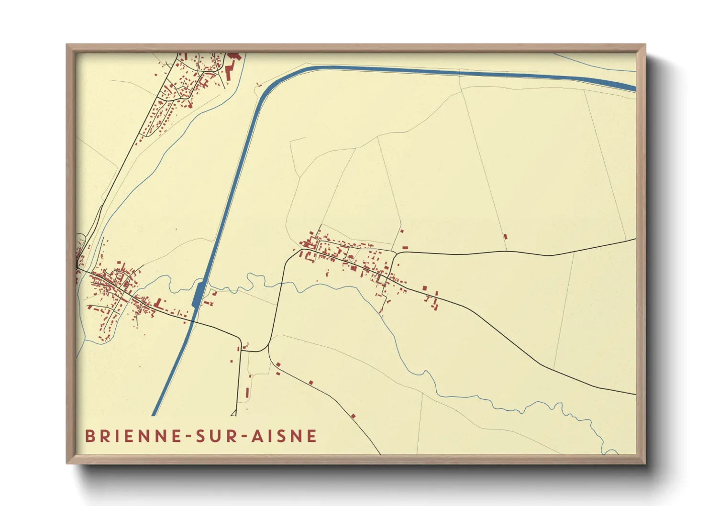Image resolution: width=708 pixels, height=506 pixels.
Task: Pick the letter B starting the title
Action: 89,436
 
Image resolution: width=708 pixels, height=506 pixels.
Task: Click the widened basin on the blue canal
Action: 198,294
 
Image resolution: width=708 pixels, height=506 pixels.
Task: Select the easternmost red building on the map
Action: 505,236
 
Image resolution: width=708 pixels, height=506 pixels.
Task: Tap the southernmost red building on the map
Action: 354,417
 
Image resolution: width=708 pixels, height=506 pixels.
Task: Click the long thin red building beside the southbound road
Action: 247,393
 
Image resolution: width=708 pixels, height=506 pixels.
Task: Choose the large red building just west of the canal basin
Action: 159,303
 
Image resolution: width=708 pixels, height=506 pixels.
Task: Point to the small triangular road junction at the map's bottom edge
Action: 234,413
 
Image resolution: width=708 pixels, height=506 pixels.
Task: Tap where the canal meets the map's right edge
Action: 635,88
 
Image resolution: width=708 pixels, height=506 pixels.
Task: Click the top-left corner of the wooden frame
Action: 67,45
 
